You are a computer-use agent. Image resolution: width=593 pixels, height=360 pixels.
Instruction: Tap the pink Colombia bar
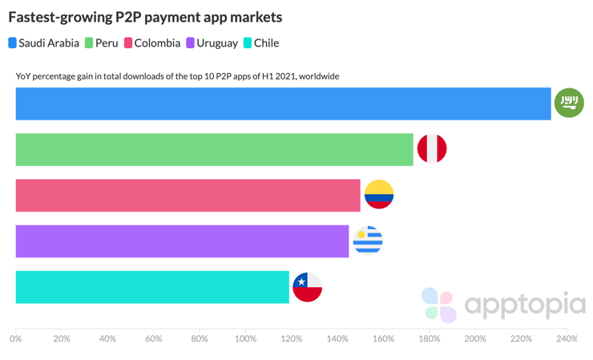click(x=188, y=196)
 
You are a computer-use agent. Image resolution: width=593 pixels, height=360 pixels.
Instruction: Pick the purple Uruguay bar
click(x=183, y=241)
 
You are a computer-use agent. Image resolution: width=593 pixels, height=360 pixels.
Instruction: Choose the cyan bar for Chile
click(x=152, y=287)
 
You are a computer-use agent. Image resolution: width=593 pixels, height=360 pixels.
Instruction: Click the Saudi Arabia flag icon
click(x=570, y=103)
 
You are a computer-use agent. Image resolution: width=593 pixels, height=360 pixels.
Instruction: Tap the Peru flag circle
click(x=432, y=149)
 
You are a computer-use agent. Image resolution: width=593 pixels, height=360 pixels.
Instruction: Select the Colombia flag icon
click(x=379, y=195)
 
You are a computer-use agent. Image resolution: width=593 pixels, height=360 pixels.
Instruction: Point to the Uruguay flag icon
click(x=368, y=241)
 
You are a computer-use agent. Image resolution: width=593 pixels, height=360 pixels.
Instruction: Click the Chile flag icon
click(x=307, y=286)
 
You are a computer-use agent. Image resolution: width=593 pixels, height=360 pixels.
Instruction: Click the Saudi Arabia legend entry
click(x=44, y=43)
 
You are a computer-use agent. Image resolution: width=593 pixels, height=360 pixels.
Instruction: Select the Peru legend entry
click(x=101, y=43)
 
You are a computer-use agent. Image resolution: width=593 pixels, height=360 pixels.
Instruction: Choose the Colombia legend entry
click(x=151, y=43)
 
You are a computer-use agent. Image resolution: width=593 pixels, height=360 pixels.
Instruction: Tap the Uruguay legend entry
click(x=212, y=43)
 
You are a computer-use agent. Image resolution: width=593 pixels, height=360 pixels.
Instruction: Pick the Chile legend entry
click(x=261, y=43)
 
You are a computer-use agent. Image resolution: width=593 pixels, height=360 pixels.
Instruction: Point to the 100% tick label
click(x=245, y=339)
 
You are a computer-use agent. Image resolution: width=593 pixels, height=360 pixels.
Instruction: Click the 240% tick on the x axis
click(x=567, y=339)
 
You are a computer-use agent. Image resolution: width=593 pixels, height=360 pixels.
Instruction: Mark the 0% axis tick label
click(x=16, y=339)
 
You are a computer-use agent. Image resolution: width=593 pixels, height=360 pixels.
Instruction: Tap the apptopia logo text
click(x=525, y=305)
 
